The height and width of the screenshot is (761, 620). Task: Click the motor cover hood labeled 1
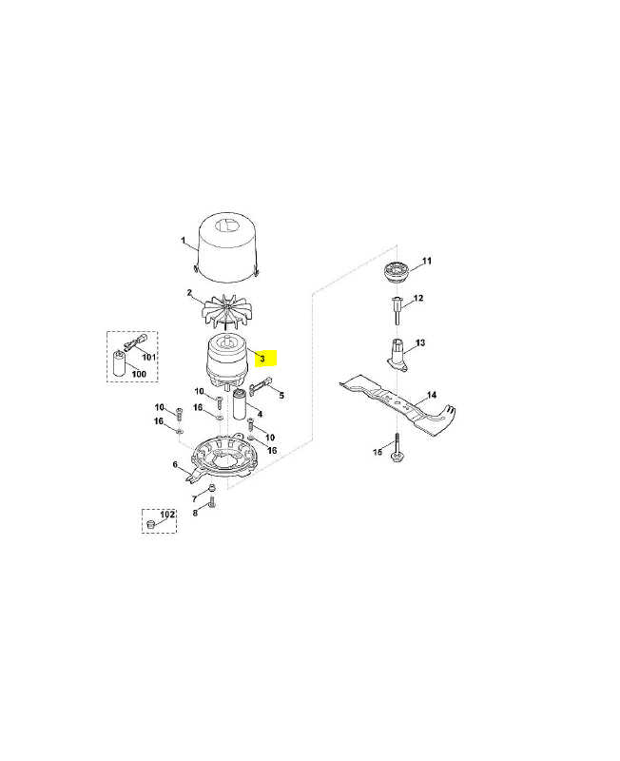(x=227, y=247)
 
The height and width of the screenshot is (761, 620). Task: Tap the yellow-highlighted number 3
(x=262, y=360)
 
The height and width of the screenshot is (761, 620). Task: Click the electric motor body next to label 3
(x=227, y=361)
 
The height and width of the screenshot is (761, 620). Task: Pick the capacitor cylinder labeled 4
(x=241, y=404)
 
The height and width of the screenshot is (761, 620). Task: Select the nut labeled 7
(x=211, y=487)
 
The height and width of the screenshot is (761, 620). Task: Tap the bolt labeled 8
(x=211, y=503)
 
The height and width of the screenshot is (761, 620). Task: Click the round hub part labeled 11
(x=396, y=271)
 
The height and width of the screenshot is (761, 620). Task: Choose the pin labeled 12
(x=397, y=310)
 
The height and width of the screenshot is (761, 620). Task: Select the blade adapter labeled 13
(x=397, y=356)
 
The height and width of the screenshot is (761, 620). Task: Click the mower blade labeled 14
(x=397, y=405)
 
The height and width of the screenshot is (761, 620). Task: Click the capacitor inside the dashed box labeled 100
(x=120, y=364)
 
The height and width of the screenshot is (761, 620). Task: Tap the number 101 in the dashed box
(x=148, y=358)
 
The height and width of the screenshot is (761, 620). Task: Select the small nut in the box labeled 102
(x=150, y=524)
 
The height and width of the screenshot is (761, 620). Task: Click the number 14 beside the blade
(x=432, y=395)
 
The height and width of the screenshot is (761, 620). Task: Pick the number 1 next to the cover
(x=183, y=241)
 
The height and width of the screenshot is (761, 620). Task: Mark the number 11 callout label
(x=426, y=261)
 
